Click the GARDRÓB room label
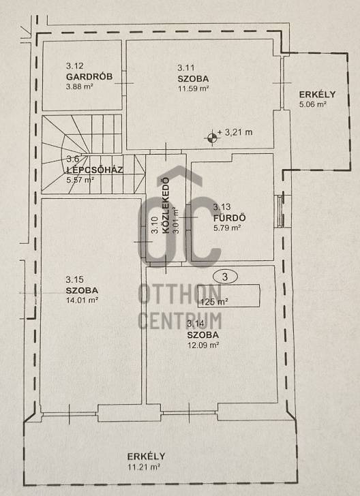[89, 77]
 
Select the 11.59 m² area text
[194, 89]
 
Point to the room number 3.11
[186, 67]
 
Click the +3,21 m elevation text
[235, 132]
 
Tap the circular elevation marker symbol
[212, 138]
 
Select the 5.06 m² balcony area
[313, 104]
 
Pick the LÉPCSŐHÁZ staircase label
[95, 170]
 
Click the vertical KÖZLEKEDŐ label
[165, 206]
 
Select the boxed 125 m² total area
[228, 296]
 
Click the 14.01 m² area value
[82, 300]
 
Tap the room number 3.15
[74, 279]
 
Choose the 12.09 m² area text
[204, 345]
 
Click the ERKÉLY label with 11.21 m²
[147, 456]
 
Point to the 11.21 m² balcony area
[143, 467]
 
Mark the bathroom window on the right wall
[280, 211]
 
